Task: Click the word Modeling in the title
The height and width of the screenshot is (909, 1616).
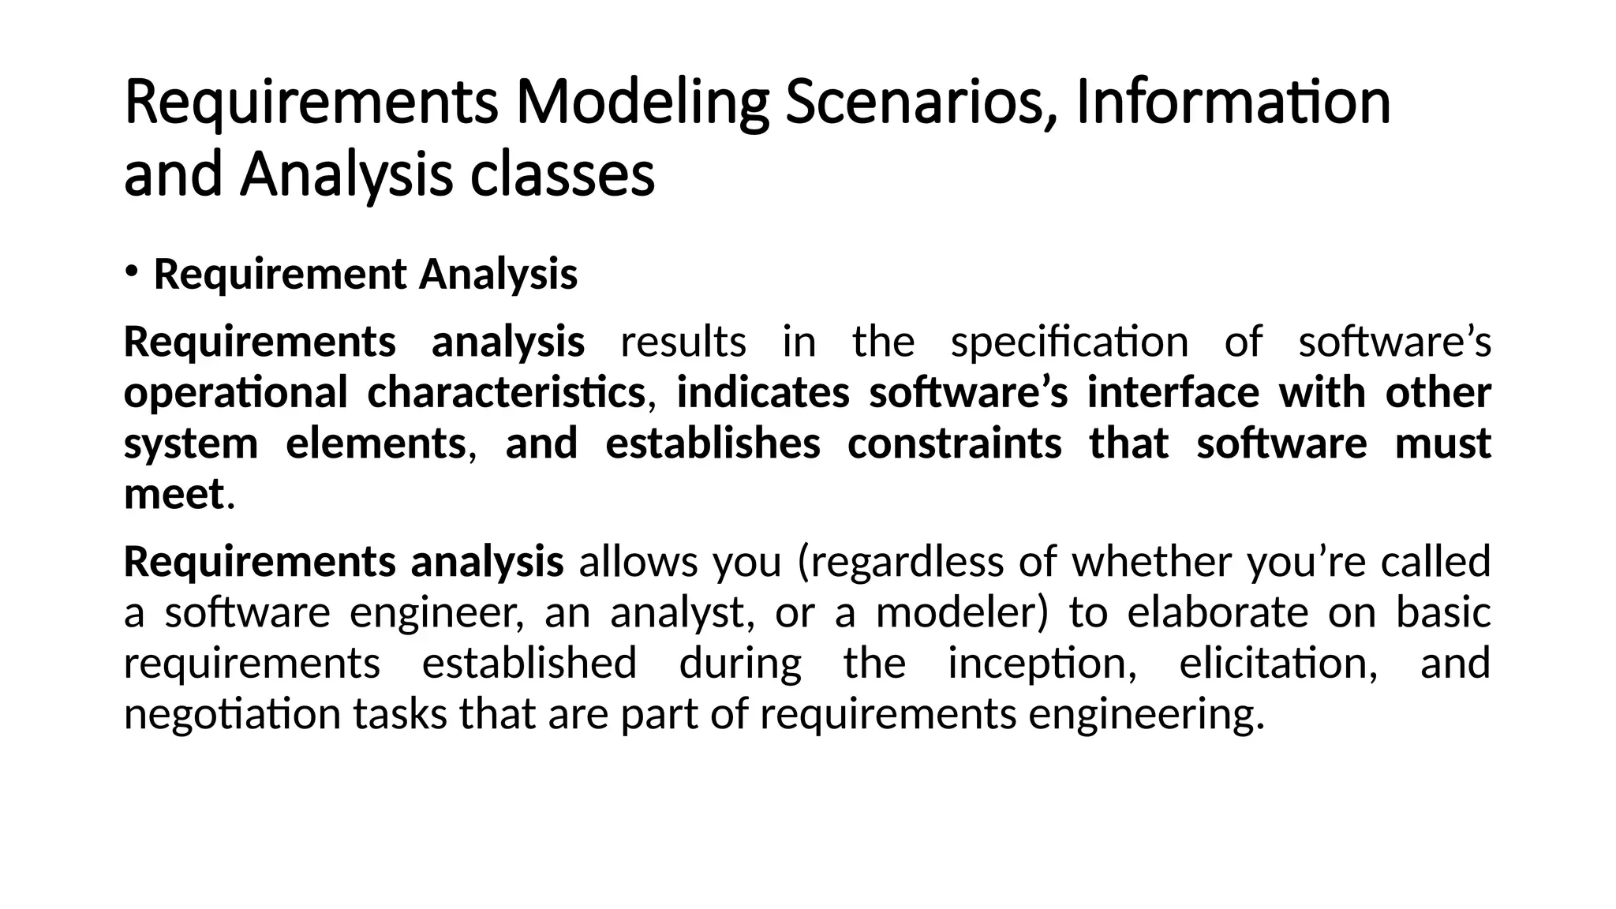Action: pos(642,103)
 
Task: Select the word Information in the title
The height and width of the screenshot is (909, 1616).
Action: pos(1233,103)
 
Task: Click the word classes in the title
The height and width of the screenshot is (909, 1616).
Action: pos(562,175)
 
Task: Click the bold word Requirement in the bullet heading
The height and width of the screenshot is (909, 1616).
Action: pos(279,275)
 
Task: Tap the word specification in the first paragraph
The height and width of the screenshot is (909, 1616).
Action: pos(1069,342)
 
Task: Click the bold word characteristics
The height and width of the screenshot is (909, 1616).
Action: pos(507,393)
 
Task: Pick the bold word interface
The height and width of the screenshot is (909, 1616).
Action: pos(1173,393)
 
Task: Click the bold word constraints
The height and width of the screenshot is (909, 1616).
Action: pos(955,443)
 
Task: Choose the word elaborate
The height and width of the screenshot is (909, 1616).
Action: pos(1218,612)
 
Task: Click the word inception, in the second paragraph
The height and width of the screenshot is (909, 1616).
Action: pos(1042,663)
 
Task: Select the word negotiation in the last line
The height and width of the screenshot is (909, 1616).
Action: pos(232,714)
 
